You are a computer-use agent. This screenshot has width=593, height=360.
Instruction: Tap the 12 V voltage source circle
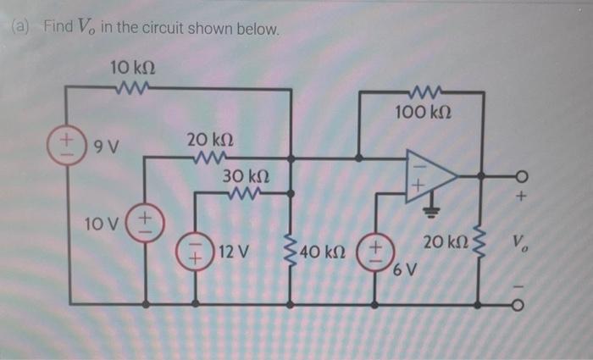(x=195, y=251)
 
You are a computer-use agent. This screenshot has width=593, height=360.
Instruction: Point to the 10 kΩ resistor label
(x=133, y=67)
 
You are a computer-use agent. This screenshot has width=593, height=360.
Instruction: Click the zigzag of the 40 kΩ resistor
(x=291, y=251)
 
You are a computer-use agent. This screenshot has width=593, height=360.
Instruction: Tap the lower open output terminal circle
(x=522, y=302)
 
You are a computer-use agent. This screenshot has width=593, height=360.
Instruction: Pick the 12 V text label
(x=233, y=251)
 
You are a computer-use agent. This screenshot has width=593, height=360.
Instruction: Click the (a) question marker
(x=20, y=28)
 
